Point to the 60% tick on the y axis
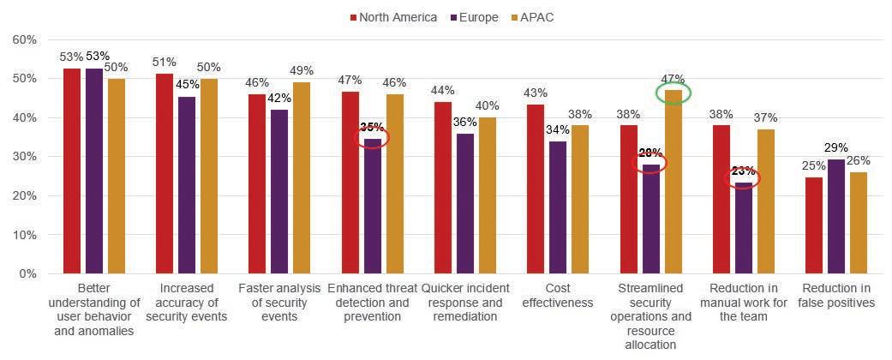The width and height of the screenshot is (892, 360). coord(24,40)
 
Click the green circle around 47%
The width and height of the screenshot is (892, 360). coord(673,93)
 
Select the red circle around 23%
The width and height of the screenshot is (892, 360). coord(742,178)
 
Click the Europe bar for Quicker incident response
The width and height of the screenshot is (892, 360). coord(464,203)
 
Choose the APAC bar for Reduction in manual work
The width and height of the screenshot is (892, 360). coord(765,201)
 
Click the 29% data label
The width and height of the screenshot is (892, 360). coord(835,148)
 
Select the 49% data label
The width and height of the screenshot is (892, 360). coord(302,70)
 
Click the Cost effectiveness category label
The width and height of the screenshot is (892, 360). coord(557,295)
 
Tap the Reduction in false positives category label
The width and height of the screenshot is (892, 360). coord(835,295)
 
